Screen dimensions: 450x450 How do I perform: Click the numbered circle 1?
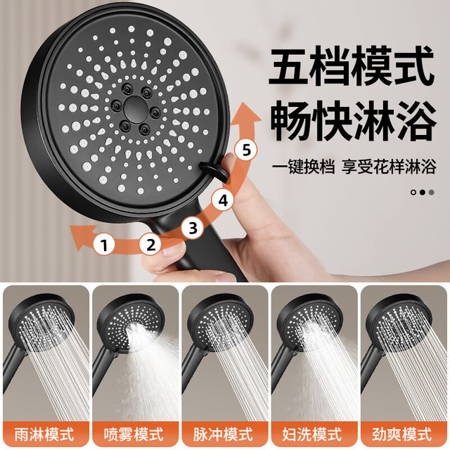[x=104, y=245]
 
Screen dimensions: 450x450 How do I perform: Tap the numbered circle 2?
[x=150, y=245]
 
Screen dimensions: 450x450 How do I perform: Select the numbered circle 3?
[x=193, y=228]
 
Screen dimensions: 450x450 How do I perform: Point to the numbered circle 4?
[x=223, y=200]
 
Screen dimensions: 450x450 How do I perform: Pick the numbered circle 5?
[x=245, y=150]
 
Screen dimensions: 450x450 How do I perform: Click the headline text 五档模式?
[x=352, y=67]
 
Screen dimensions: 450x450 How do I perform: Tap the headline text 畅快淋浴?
[x=353, y=121]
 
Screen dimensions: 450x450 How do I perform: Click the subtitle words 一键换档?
[x=303, y=167]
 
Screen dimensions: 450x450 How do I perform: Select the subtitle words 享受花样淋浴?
[x=389, y=167]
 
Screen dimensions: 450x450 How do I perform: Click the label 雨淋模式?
[x=44, y=435]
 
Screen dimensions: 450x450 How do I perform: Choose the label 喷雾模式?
[x=134, y=435]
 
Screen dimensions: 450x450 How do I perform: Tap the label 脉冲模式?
[x=223, y=435]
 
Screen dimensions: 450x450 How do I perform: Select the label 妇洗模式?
[x=312, y=435]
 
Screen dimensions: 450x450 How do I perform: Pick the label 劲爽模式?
[x=401, y=435]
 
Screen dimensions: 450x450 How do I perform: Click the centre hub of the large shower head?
[x=135, y=110]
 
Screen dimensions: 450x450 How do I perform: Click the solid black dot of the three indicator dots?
[x=422, y=192]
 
